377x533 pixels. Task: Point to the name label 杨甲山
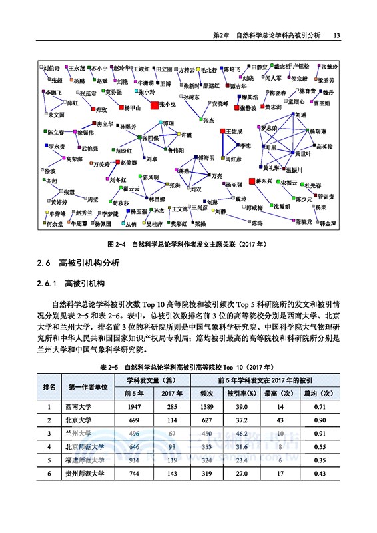pos(132,107)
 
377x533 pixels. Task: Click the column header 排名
pos(49,386)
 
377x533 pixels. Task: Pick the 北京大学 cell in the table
pos(79,420)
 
